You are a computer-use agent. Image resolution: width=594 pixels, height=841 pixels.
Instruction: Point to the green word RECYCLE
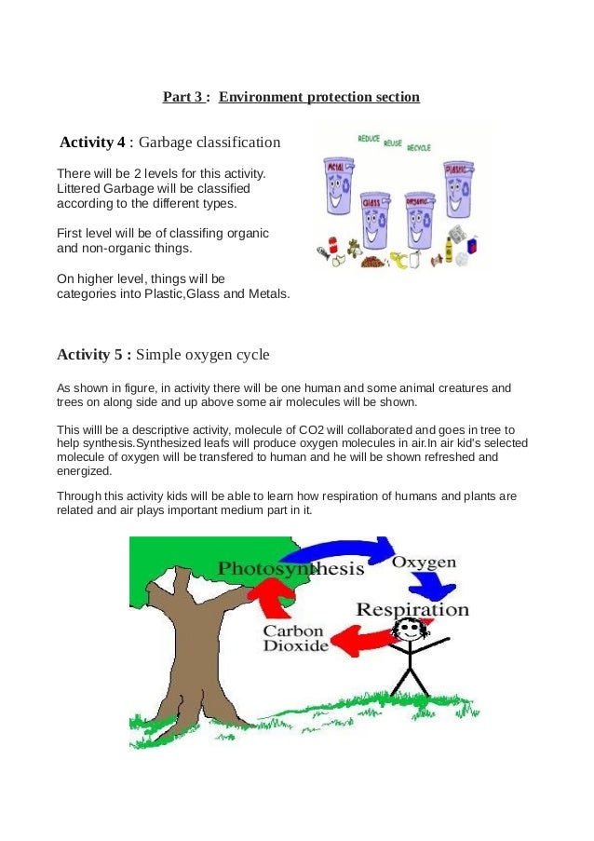(x=419, y=147)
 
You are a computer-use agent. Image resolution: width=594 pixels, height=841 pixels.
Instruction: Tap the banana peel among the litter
(x=402, y=260)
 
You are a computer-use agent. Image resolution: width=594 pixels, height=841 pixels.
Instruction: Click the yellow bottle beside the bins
(x=449, y=249)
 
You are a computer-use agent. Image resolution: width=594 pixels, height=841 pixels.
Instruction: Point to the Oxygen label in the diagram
(x=424, y=563)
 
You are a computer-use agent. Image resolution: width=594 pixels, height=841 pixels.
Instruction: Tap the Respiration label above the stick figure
(x=412, y=610)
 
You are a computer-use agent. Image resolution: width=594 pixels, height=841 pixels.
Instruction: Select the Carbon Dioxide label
(x=295, y=637)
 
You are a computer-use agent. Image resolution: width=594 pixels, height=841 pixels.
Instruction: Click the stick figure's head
(x=408, y=631)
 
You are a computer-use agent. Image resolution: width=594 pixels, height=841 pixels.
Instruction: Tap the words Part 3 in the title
(x=184, y=97)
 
